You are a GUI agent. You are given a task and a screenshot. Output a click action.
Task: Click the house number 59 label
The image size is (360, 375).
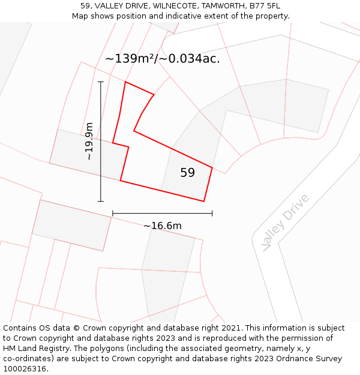(x=188, y=173)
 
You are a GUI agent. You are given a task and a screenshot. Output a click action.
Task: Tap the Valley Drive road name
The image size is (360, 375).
(x=286, y=223)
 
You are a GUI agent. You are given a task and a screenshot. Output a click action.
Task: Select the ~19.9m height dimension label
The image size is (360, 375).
(x=89, y=141)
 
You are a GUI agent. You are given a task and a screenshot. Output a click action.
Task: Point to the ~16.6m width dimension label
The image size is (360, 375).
(x=163, y=226)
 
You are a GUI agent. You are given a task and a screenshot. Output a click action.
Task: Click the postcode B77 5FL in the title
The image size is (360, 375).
(x=265, y=6)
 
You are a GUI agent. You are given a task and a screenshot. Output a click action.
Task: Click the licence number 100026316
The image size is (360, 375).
(x=25, y=369)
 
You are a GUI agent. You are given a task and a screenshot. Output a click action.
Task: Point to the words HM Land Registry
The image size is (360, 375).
(x=32, y=349)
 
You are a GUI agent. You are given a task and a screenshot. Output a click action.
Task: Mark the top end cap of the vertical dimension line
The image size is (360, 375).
(x=101, y=82)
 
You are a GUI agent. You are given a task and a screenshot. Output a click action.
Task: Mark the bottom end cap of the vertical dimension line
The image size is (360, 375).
(x=101, y=201)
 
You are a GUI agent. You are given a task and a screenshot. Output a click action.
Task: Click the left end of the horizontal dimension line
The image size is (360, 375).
(x=113, y=213)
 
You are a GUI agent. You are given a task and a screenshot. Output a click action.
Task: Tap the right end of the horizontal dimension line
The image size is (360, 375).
(x=212, y=213)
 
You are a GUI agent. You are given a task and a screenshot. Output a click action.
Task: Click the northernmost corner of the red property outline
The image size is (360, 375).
(x=125, y=82)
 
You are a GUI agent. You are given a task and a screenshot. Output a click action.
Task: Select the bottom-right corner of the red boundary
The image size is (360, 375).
(x=204, y=202)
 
